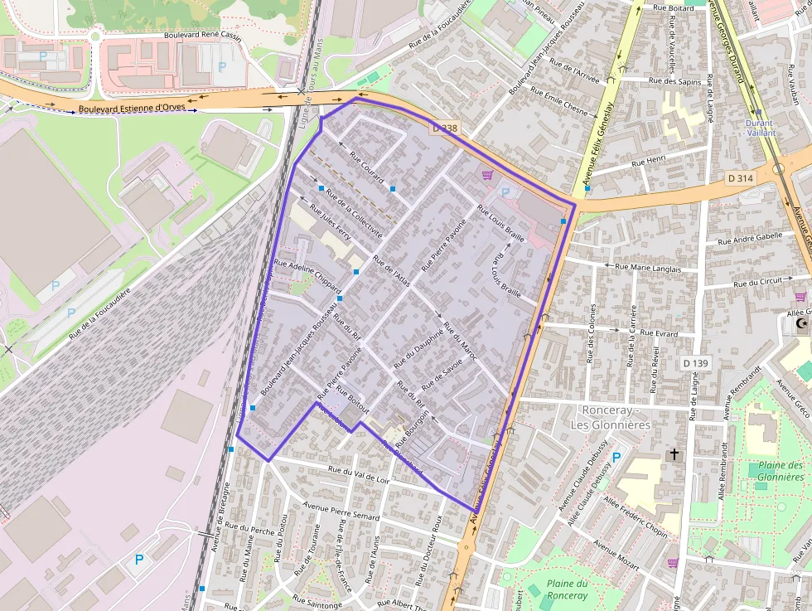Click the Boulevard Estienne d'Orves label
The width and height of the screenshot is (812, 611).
(132, 109)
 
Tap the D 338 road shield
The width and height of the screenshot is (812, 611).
(445, 129)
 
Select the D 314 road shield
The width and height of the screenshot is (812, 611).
(740, 178)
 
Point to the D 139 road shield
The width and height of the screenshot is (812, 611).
(697, 363)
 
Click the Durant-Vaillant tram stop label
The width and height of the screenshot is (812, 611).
(760, 127)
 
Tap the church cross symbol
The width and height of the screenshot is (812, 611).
(674, 454)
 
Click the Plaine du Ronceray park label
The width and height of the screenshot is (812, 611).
(568, 589)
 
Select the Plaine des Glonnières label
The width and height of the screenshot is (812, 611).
(780, 471)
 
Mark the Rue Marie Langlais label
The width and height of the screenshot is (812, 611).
(647, 268)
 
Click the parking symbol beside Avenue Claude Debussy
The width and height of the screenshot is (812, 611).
(616, 457)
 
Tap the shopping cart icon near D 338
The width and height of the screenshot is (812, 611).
(487, 175)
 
